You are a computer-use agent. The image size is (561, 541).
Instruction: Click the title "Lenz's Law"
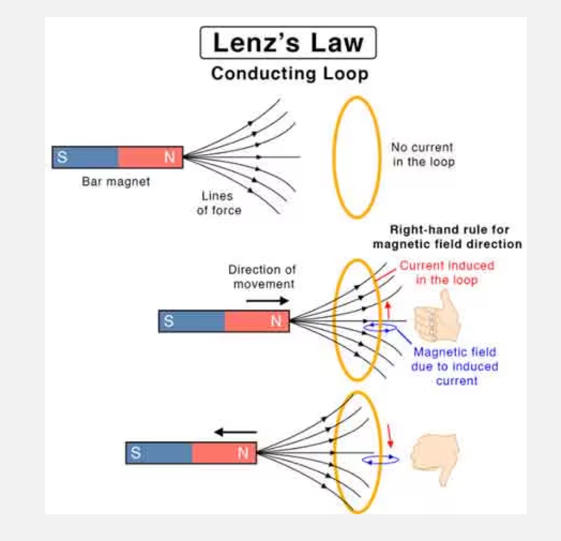click(288, 42)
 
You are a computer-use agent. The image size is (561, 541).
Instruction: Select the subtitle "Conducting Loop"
click(290, 73)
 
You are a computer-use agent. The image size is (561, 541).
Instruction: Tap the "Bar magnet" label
click(116, 182)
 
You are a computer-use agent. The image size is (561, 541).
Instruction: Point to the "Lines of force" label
click(219, 203)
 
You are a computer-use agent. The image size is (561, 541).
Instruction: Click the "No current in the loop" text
click(422, 154)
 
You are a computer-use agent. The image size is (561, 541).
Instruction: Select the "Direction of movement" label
click(262, 276)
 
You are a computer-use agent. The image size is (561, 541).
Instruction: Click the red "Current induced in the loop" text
click(447, 272)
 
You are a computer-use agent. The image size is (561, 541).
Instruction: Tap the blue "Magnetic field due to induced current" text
click(455, 366)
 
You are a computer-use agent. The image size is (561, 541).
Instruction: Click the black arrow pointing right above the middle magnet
click(267, 301)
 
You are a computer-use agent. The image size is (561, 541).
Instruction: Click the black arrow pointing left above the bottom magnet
click(236, 432)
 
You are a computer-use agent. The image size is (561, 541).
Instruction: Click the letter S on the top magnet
click(63, 157)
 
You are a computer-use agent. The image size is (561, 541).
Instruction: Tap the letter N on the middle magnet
click(276, 321)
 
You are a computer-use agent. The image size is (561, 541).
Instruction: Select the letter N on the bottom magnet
click(243, 453)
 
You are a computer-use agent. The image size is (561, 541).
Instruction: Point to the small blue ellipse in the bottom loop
click(380, 459)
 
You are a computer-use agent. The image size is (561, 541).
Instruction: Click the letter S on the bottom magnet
click(136, 453)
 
